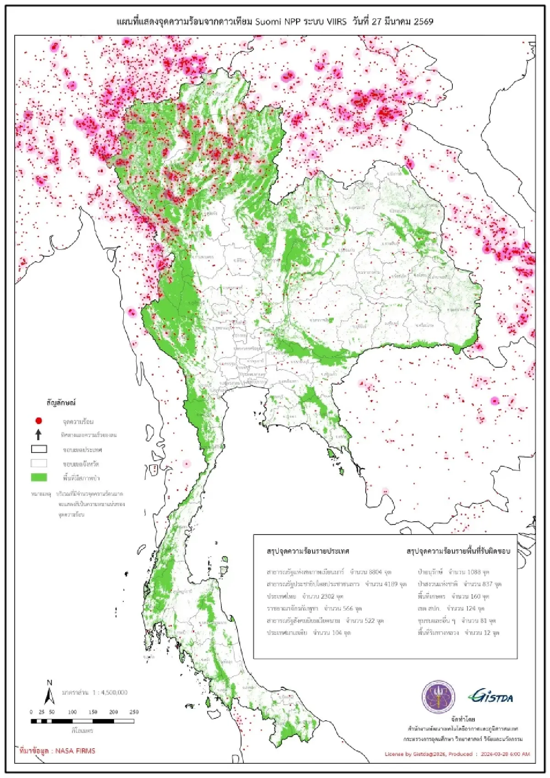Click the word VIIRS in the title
[336, 22]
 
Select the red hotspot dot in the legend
[39, 421]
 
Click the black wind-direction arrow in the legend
[39, 435]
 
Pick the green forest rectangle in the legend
[39, 478]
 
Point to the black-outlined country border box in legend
[39, 449]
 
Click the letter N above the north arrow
[49, 683]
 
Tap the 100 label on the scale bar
[72, 712]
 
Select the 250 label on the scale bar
[134, 712]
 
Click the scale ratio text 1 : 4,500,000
[110, 692]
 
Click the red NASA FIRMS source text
[58, 751]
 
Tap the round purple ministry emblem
[439, 697]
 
